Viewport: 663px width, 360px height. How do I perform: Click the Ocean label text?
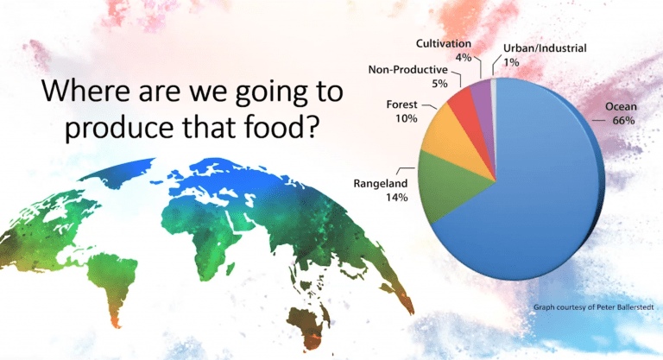(621, 106)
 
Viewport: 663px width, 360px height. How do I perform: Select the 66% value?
(623, 121)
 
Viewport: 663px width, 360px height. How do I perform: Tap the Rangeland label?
(381, 184)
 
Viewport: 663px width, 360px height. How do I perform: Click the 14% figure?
(396, 197)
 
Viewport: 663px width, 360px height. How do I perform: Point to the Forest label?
(401, 104)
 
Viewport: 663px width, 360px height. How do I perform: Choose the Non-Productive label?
(407, 69)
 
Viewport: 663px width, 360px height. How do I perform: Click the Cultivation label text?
(444, 43)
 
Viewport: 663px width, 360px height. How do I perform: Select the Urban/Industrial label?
(545, 48)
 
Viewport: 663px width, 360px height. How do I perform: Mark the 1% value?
(511, 62)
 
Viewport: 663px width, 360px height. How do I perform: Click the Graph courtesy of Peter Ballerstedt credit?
(594, 307)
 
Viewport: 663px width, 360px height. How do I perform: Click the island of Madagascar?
(230, 269)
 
